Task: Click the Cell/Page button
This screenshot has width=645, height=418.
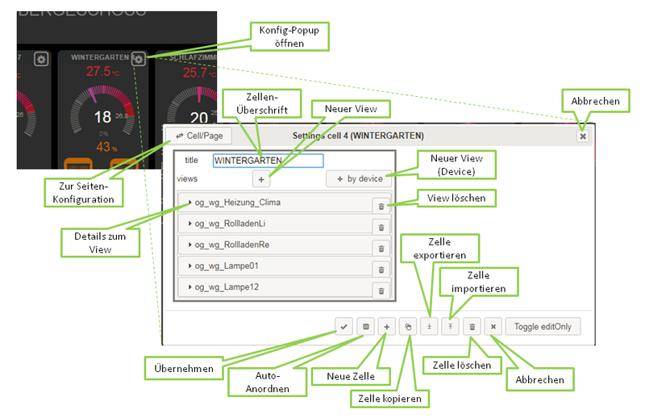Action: tap(194, 136)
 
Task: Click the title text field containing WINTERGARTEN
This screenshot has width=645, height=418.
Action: tap(268, 161)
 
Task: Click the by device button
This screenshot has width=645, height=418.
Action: tap(359, 178)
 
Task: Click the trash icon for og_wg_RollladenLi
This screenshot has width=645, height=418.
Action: tap(381, 228)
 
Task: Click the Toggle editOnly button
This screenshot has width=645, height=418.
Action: tap(543, 327)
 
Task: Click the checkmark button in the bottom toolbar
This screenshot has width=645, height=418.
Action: tap(344, 327)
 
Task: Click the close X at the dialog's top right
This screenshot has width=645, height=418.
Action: tap(582, 136)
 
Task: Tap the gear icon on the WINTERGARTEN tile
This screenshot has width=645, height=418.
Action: tap(139, 58)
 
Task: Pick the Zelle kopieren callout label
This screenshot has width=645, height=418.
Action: tap(391, 397)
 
